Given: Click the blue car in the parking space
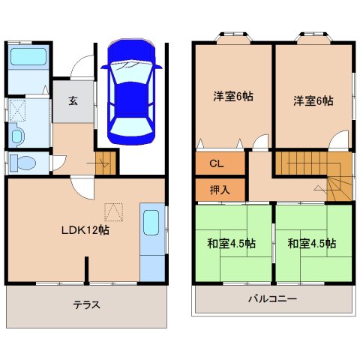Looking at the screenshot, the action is pyautogui.click(x=131, y=91).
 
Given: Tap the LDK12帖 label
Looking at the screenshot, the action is pyautogui.click(x=85, y=230).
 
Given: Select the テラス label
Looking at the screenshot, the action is pyautogui.click(x=87, y=305).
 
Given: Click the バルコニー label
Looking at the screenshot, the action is pyautogui.click(x=272, y=298).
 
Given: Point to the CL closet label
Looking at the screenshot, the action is pyautogui.click(x=217, y=163).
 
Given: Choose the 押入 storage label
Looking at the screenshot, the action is pyautogui.click(x=220, y=190).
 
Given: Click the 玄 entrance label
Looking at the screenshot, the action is pyautogui.click(x=73, y=101).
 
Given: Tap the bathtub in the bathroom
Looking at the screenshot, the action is pyautogui.click(x=28, y=57).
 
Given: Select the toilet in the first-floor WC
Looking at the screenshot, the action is pyautogui.click(x=23, y=163).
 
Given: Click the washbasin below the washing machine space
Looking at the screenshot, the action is pyautogui.click(x=17, y=136).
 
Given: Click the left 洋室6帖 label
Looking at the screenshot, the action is pyautogui.click(x=233, y=97).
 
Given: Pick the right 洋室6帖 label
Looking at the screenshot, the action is pyautogui.click(x=313, y=101).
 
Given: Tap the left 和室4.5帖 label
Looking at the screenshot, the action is pyautogui.click(x=232, y=243).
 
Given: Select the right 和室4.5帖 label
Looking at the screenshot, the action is pyautogui.click(x=312, y=243).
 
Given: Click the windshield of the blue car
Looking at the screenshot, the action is pyautogui.click(x=131, y=72).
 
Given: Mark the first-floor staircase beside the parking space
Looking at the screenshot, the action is pyautogui.click(x=106, y=163).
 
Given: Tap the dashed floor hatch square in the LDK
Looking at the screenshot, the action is pyautogui.click(x=113, y=212).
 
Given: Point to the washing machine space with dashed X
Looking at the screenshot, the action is pyautogui.click(x=17, y=110).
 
